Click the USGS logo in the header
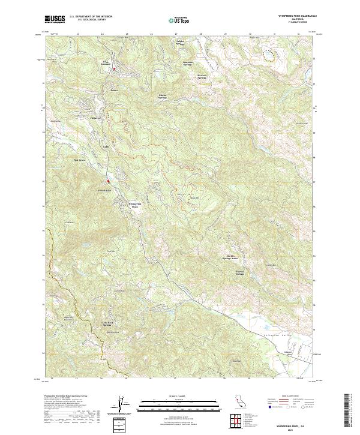[55, 19]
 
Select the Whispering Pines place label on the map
[136, 205]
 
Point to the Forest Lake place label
[106, 191]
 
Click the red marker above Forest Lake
[108, 181]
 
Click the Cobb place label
[106, 146]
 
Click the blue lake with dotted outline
[271, 56]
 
